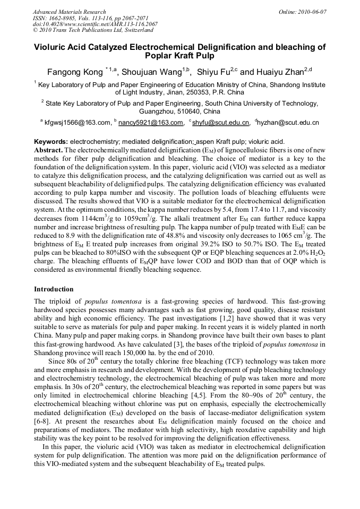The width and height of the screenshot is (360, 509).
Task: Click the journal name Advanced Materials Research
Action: (69, 12)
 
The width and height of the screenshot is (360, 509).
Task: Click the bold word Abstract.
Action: (48, 151)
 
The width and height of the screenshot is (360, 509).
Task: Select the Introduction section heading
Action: (54, 289)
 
